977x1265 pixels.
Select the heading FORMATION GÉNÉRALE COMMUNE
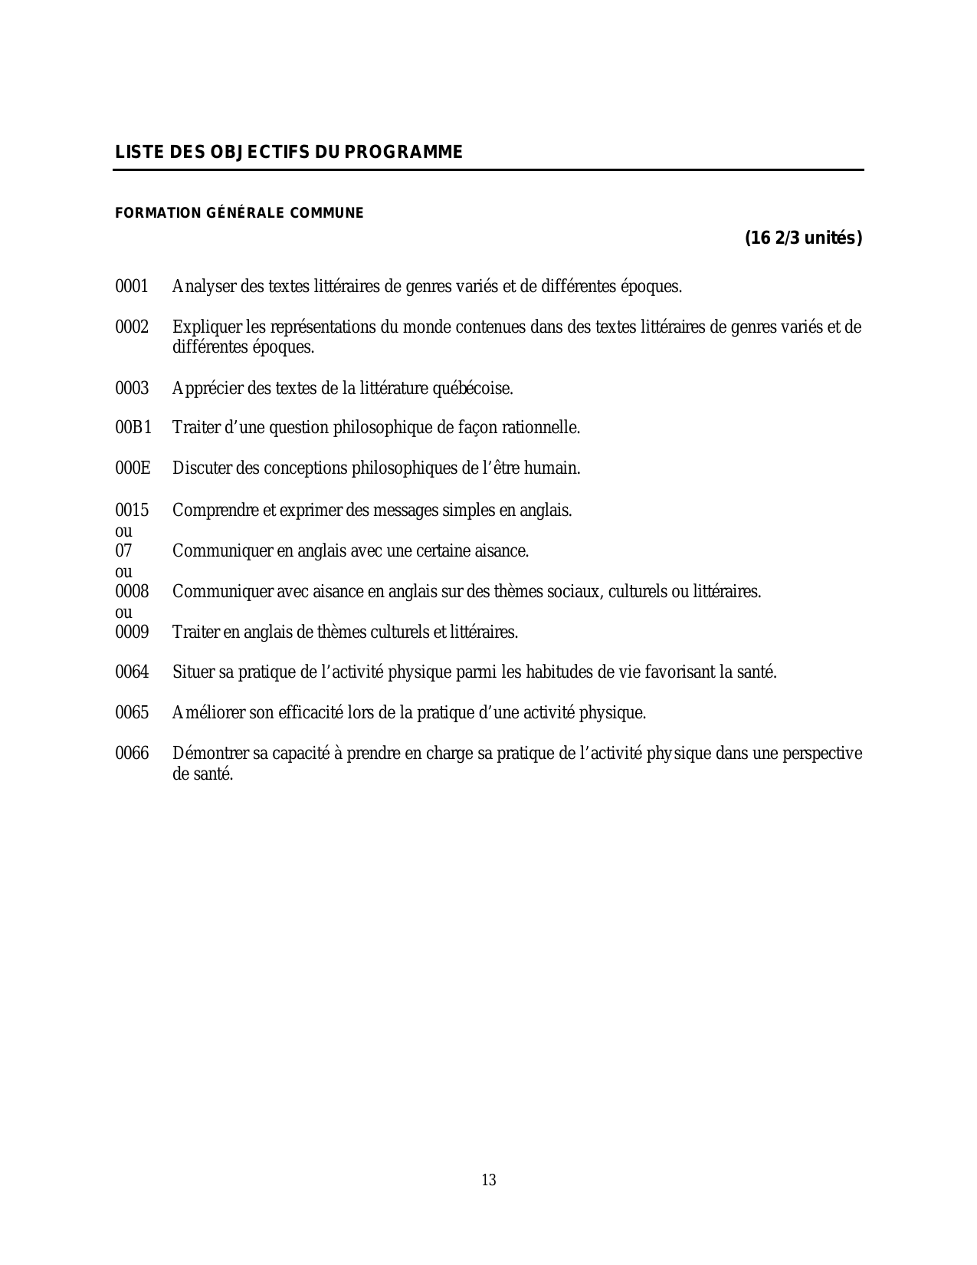pos(239,213)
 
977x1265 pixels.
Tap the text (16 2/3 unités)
pos(804,238)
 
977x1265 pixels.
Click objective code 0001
pos(132,287)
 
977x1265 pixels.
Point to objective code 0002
pos(132,327)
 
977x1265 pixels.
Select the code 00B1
pos(133,428)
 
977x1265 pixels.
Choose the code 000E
pos(133,468)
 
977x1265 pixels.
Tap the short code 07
pos(123,551)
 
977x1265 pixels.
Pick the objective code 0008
pos(132,592)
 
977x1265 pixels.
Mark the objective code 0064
pos(132,673)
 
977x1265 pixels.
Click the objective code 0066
pos(132,754)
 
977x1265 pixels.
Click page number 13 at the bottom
pos(489,1180)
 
